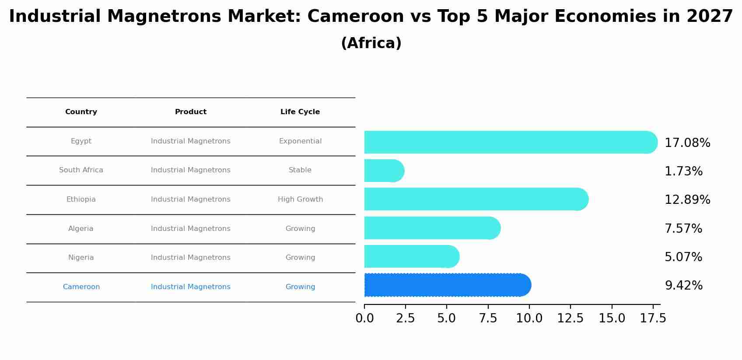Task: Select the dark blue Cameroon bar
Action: click(446, 285)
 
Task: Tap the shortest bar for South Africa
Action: click(383, 171)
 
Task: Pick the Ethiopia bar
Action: click(475, 199)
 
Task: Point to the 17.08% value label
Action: click(687, 143)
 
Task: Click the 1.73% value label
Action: click(683, 171)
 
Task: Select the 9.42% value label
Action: click(683, 286)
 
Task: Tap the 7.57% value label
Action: click(683, 229)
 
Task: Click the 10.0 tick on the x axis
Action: click(529, 318)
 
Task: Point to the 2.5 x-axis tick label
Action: click(405, 318)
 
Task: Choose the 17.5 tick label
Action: click(653, 318)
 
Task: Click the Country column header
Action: click(81, 112)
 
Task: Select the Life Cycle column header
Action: click(300, 112)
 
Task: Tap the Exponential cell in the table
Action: click(300, 141)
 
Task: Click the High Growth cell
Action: click(300, 199)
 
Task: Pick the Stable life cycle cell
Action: click(300, 170)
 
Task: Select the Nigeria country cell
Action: click(81, 258)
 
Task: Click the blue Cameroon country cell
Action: click(81, 287)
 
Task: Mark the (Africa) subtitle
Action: click(371, 43)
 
